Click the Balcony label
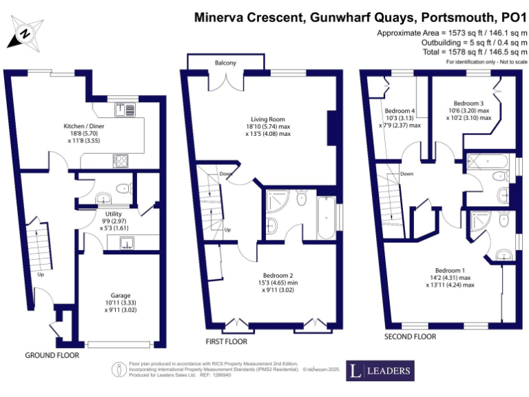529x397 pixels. pyautogui.click(x=225, y=63)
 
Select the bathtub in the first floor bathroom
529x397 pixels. pyautogui.click(x=325, y=217)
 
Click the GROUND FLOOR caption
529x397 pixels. pyautogui.click(x=52, y=356)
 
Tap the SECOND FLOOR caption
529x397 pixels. pyautogui.click(x=411, y=337)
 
